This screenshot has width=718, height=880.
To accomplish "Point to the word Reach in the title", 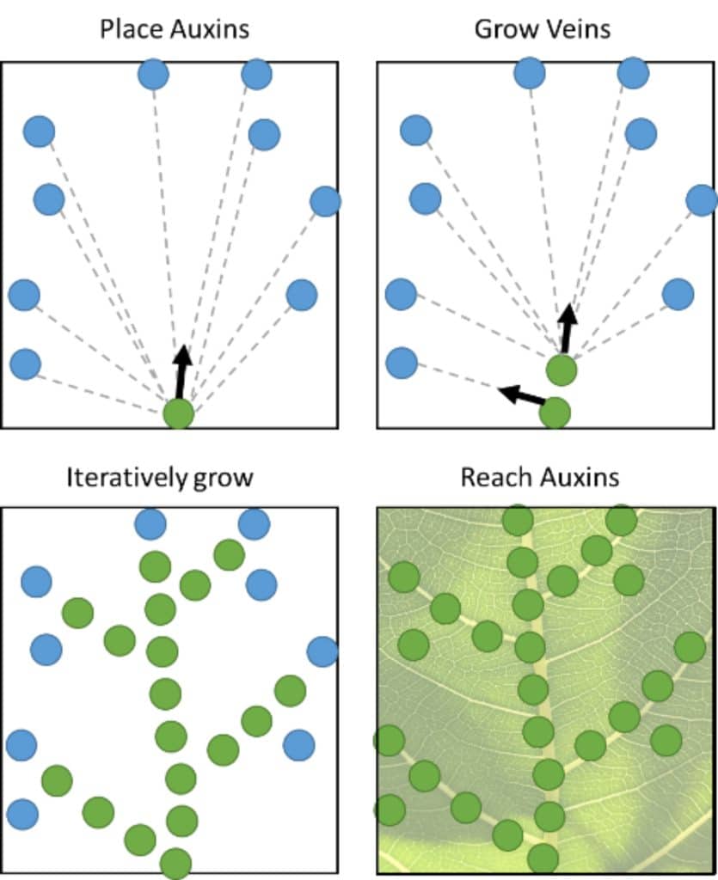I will (491, 477).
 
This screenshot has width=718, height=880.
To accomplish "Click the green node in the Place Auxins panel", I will (179, 414).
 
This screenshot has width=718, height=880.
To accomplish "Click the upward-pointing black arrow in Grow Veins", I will (566, 327).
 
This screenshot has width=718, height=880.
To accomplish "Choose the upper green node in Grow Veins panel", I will (562, 370).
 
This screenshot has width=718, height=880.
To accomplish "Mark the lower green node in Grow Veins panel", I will (555, 412).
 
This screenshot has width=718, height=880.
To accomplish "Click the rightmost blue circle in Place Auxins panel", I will (325, 201).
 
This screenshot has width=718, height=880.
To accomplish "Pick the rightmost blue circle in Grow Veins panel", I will (702, 200).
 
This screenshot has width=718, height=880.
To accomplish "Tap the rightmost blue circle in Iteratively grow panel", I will (322, 651).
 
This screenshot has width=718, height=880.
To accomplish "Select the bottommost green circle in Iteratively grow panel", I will (175, 863).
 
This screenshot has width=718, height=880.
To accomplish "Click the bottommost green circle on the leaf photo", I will (543, 858).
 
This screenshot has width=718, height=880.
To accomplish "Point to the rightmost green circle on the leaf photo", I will (690, 647).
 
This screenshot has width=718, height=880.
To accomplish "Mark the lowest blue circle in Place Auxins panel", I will (25, 364).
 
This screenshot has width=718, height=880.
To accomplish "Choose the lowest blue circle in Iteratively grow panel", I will (22, 812).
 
